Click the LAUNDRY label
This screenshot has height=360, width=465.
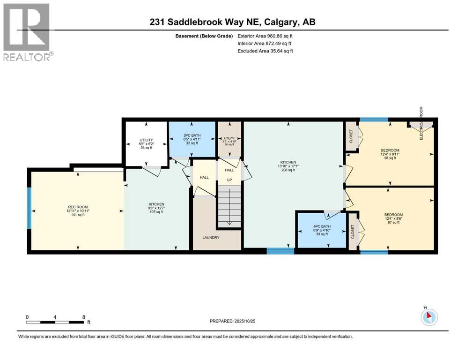(211, 238)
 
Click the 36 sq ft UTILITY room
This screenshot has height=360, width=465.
(146, 143)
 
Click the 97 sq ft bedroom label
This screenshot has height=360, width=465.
(392, 218)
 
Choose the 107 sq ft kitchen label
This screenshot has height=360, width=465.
(156, 208)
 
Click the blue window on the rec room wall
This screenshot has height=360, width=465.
(29, 208)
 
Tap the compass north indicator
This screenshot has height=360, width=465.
(428, 316)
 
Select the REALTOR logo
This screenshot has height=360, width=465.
(27, 33)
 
